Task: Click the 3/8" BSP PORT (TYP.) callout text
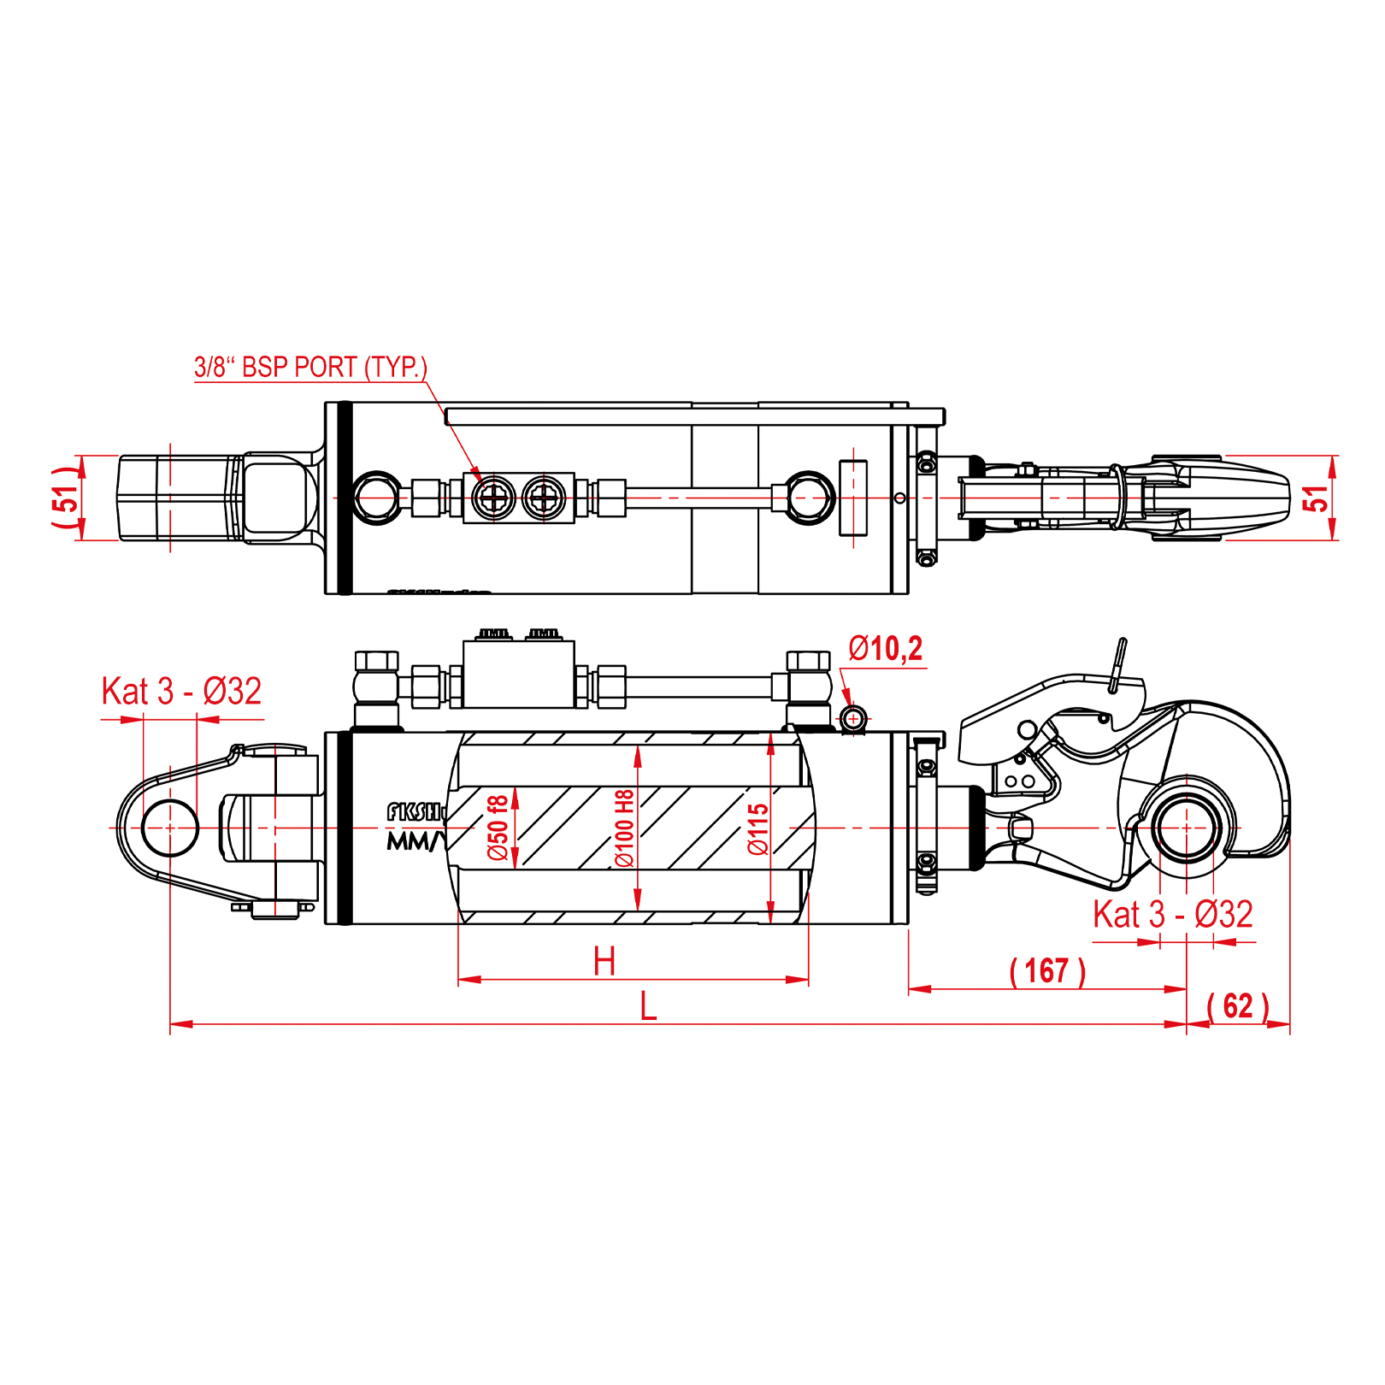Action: coord(310,368)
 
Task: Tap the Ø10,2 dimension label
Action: coord(885,650)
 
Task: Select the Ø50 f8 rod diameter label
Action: coord(498,828)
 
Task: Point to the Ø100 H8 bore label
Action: coord(625,828)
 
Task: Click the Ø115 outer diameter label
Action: coord(757,829)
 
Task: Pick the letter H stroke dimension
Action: coord(604,962)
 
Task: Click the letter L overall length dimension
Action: coord(648,1007)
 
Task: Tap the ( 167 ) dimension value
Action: coord(1047,971)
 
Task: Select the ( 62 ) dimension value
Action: coord(1237,1006)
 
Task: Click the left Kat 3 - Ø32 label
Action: coord(181,692)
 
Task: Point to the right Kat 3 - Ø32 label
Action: coord(1172,915)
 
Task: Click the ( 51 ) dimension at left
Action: coord(66,498)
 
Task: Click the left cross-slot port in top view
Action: coord(494,497)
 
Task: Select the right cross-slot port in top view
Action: coord(543,497)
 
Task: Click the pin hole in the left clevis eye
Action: coord(170,828)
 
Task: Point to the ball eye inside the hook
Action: coord(1186,828)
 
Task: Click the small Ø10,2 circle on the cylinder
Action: coord(853,719)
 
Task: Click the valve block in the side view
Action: coord(519,675)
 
